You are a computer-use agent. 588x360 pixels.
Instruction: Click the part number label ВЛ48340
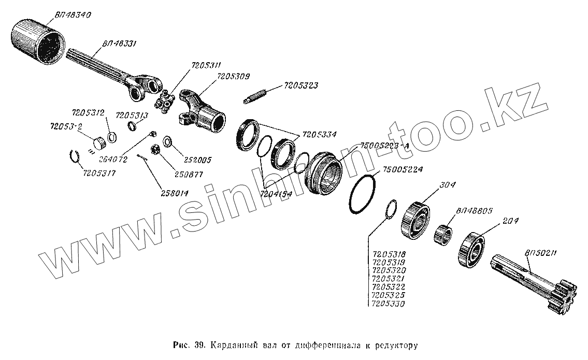pyautogui.click(x=72, y=16)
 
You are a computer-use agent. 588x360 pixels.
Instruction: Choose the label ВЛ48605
pyautogui.click(x=473, y=211)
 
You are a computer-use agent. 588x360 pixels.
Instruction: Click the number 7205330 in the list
pyautogui.click(x=389, y=304)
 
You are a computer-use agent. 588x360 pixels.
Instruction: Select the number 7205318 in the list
pyautogui.click(x=389, y=254)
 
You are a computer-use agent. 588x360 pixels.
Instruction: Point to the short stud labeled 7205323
pyautogui.click(x=255, y=97)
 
